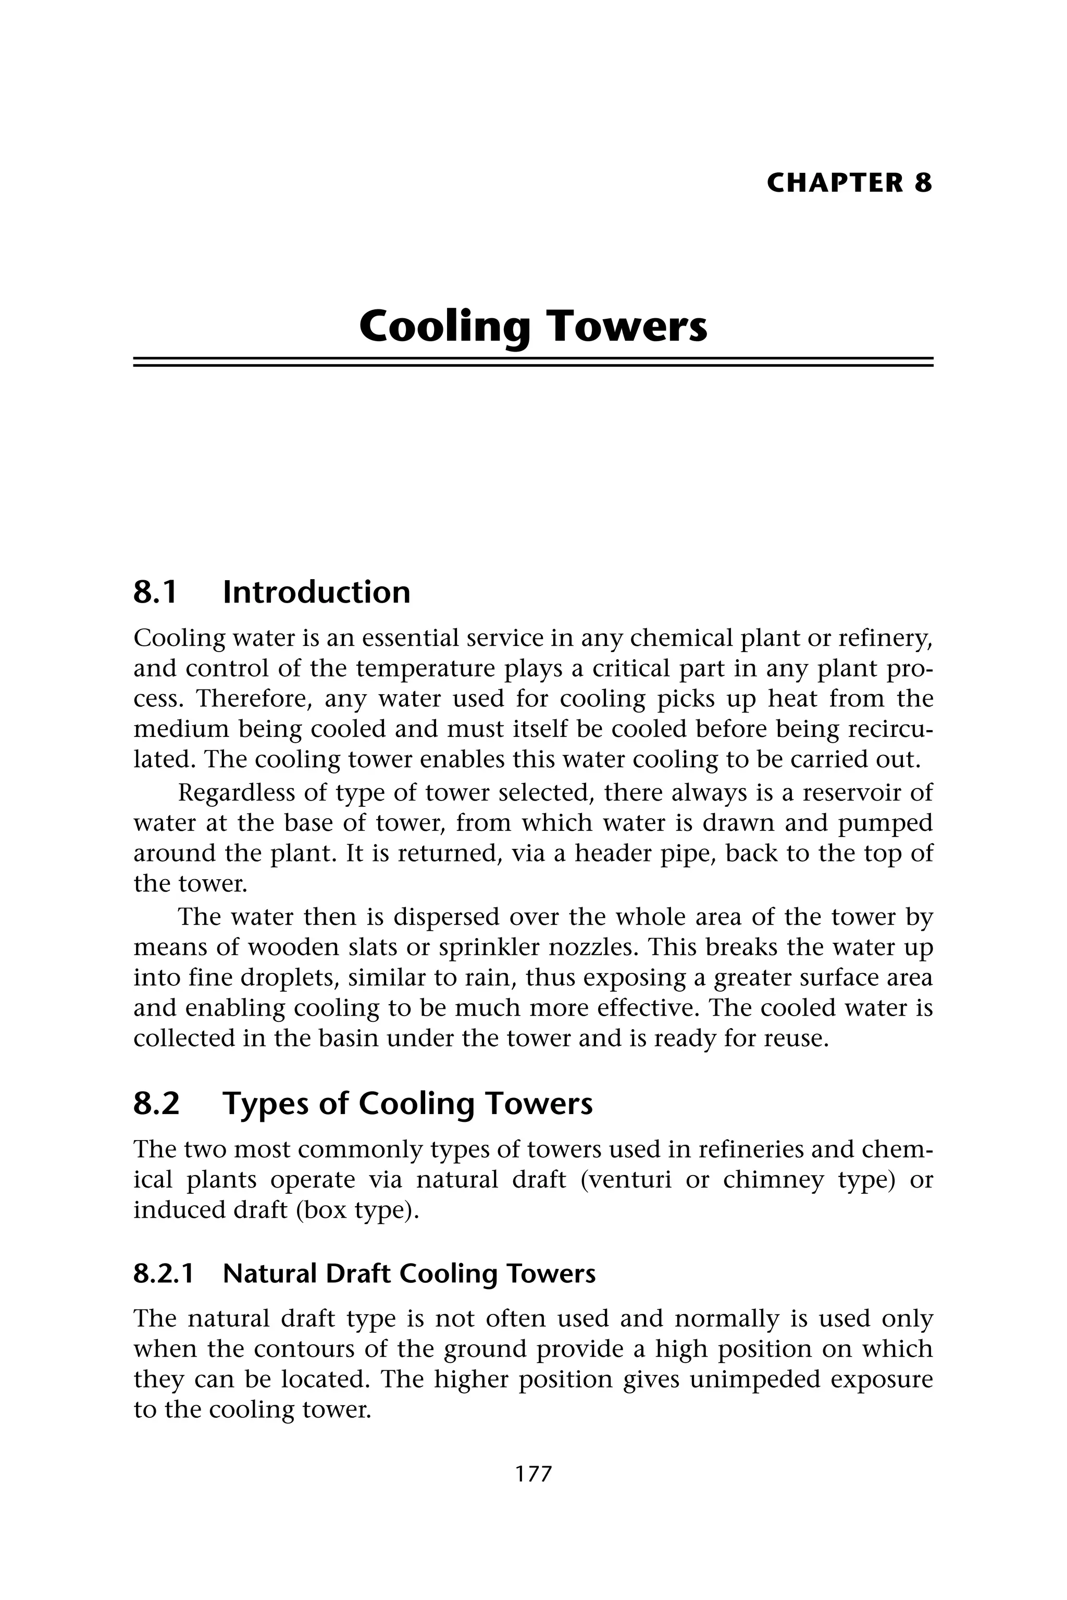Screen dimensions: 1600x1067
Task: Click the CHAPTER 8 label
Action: coord(849,183)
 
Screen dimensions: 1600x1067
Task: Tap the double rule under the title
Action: coord(533,362)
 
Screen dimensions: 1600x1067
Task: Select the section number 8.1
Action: coord(155,592)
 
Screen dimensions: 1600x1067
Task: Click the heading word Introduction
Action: coord(316,592)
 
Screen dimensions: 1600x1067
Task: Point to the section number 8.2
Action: coord(156,1104)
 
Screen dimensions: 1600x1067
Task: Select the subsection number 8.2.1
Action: coord(163,1273)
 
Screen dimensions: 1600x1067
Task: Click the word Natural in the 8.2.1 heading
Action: coord(270,1273)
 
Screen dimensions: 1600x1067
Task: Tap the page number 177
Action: coord(533,1473)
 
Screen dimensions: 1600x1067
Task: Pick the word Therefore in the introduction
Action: coord(254,698)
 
